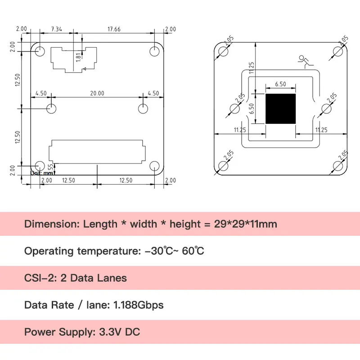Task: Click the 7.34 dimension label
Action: pyautogui.click(x=57, y=29)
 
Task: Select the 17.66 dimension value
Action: pyautogui.click(x=115, y=29)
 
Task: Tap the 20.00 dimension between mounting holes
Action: pyautogui.click(x=97, y=93)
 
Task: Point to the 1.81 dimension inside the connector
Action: pyautogui.click(x=78, y=58)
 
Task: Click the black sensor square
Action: pyautogui.click(x=281, y=109)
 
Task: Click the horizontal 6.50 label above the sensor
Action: pyautogui.click(x=280, y=84)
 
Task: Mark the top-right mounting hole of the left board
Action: pyautogui.click(x=154, y=50)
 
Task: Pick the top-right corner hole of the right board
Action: pyautogui.click(x=338, y=51)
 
